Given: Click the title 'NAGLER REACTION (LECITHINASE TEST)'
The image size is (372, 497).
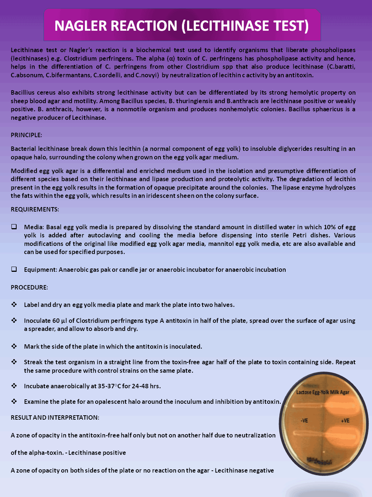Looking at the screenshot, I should pos(182,26).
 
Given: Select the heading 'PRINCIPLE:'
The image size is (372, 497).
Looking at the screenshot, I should pos(26,135).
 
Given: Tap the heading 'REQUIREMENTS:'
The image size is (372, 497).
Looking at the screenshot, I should pos(35,209).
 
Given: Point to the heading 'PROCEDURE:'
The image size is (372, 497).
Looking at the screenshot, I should pos(29,287).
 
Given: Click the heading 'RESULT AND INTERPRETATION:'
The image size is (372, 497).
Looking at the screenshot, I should pos(55,417).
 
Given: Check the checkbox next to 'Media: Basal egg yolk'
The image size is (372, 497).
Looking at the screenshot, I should pos(14,227).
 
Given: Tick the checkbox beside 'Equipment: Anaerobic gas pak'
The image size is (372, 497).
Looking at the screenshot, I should pos(14,269).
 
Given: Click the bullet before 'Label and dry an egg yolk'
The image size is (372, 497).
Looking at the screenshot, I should pos(14,304).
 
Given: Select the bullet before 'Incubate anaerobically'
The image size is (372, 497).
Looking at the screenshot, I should pos(14,386).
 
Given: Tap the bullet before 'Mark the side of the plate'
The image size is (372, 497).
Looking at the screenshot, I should pos(14,346).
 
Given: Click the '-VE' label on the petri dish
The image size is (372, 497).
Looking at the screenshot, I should pos(304,420).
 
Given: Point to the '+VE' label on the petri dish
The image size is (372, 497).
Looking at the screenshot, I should pos(345,420).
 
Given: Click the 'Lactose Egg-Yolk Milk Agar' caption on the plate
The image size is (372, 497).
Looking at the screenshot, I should pos(323,392).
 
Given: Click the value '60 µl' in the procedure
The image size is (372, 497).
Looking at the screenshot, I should pos(56,321).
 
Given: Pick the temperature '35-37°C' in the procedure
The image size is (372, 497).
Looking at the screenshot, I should pos(109,386).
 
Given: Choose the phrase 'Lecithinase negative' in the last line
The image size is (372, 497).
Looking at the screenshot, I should pos(244,470).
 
